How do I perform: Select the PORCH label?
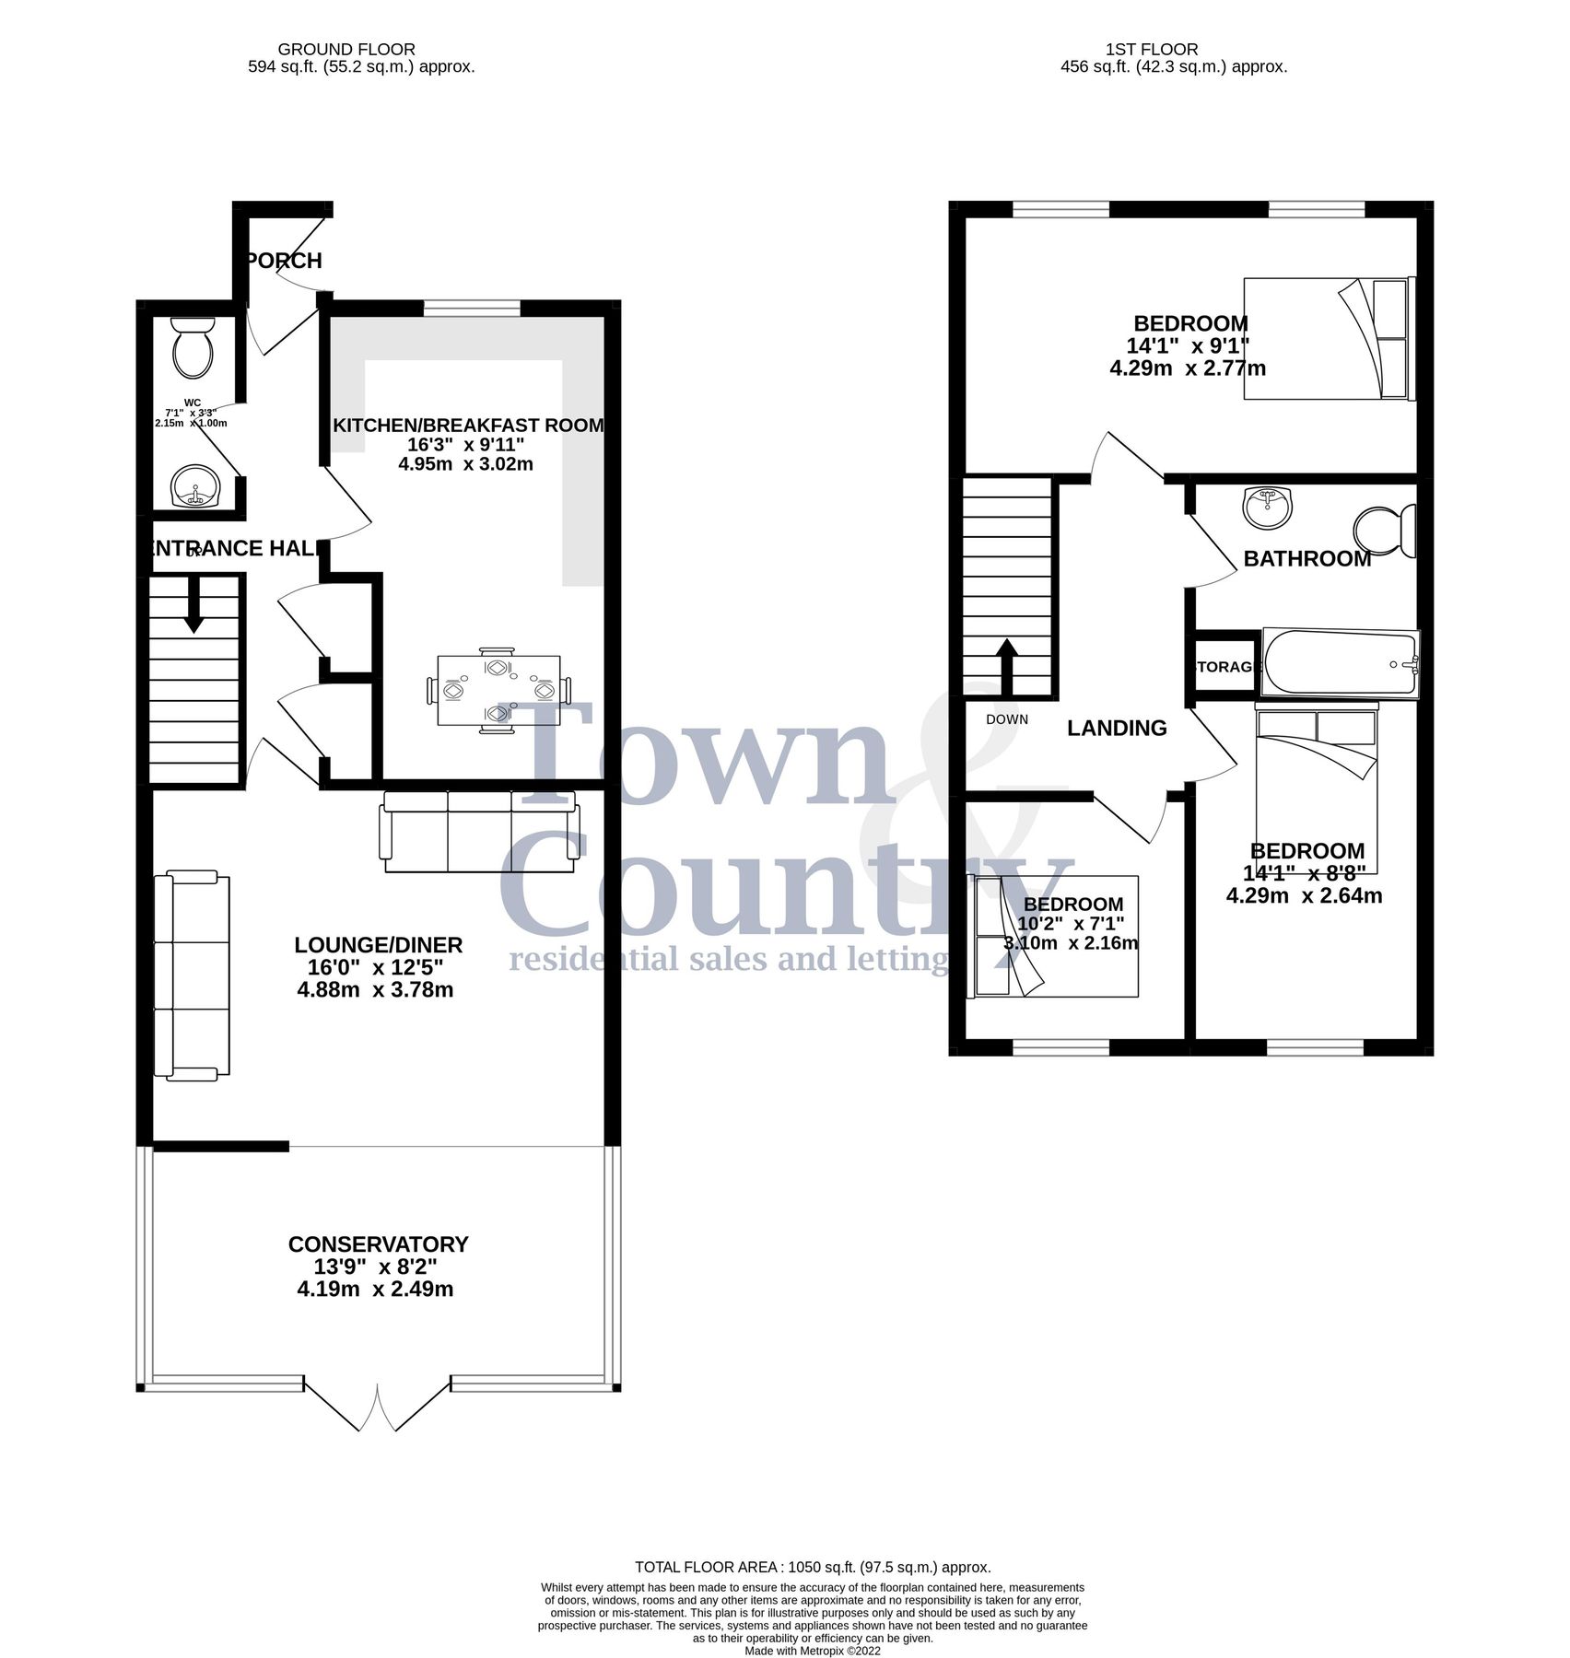click(286, 261)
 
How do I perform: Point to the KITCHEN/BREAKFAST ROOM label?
click(468, 426)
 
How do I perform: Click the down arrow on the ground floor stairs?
click(193, 604)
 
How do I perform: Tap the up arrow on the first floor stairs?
click(1006, 665)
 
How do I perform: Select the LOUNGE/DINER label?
click(378, 945)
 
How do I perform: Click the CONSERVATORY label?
click(378, 1244)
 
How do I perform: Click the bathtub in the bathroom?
click(1341, 663)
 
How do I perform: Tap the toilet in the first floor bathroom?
click(1384, 531)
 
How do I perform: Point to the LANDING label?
click(1117, 729)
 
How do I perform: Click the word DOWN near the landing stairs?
click(1006, 719)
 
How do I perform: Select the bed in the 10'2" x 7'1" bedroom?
click(1055, 936)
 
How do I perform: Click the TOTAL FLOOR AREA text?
click(812, 1567)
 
